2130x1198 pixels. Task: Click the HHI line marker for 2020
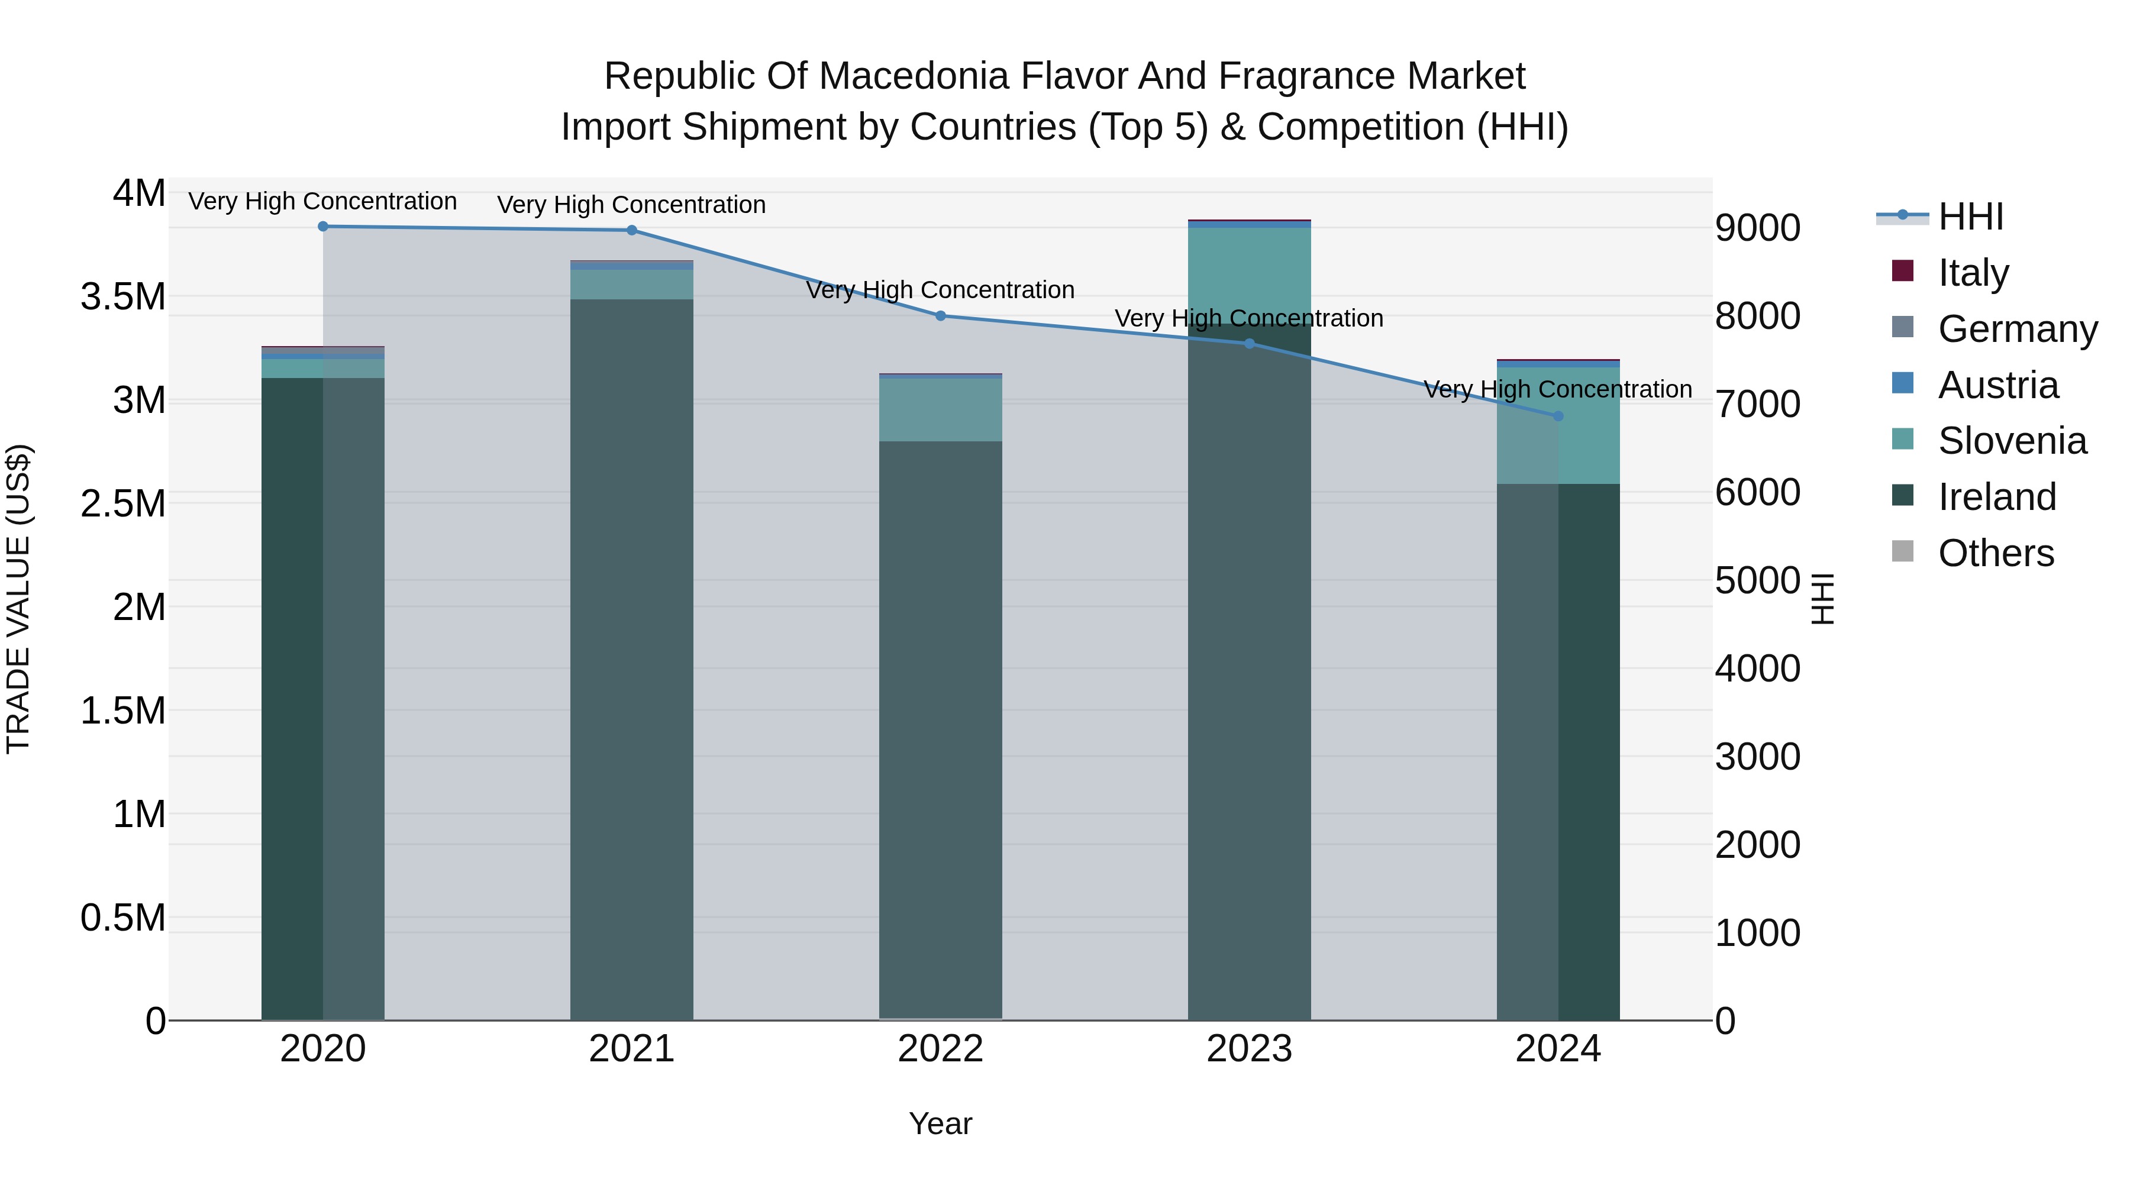pos(323,227)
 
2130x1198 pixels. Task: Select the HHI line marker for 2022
pos(940,316)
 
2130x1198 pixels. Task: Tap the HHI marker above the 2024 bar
pos(1558,416)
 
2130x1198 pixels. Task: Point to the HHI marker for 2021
pos(632,231)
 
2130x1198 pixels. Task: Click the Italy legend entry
pos(1973,273)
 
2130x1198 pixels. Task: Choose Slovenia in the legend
pos(2012,441)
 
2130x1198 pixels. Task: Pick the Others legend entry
pos(1995,553)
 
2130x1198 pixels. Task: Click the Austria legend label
pos(1997,385)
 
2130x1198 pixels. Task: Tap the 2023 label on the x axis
pos(1248,1049)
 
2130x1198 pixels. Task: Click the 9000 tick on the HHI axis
pos(1757,228)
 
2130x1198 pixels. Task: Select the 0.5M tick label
pos(123,918)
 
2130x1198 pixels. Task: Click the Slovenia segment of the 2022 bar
pos(940,409)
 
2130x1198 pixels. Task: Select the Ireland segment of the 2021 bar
pos(632,661)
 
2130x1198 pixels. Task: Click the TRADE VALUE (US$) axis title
pos(18,599)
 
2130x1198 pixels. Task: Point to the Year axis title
pos(940,1123)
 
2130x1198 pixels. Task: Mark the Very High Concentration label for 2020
pos(322,202)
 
